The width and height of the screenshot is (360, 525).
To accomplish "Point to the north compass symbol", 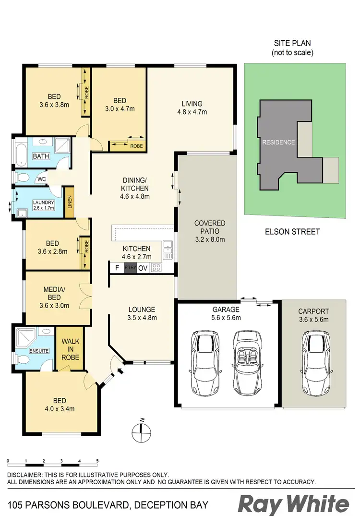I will point(141,431).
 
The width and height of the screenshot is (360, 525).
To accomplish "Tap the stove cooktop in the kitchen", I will point(156,268).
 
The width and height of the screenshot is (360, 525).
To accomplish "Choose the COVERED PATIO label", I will point(210,231).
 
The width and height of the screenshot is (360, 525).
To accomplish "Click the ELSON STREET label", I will point(292,232).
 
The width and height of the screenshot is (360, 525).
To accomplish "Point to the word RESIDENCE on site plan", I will point(278,143).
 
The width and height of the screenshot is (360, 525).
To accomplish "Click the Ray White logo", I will point(293,504).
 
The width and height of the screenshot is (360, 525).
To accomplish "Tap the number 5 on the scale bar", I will point(97,461).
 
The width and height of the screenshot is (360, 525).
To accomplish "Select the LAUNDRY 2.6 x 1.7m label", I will point(44,205).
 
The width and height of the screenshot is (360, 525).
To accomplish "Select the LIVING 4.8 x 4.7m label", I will point(192,108).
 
